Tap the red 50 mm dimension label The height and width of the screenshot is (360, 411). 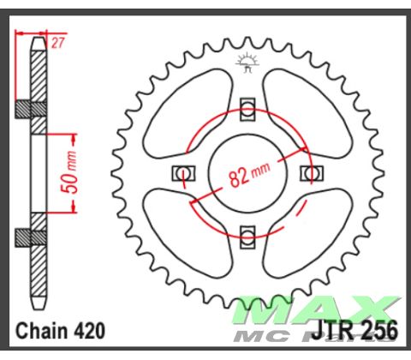click(x=74, y=171)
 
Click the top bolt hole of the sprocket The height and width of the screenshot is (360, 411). click(x=247, y=108)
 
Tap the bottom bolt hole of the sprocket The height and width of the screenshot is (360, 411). click(x=247, y=235)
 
